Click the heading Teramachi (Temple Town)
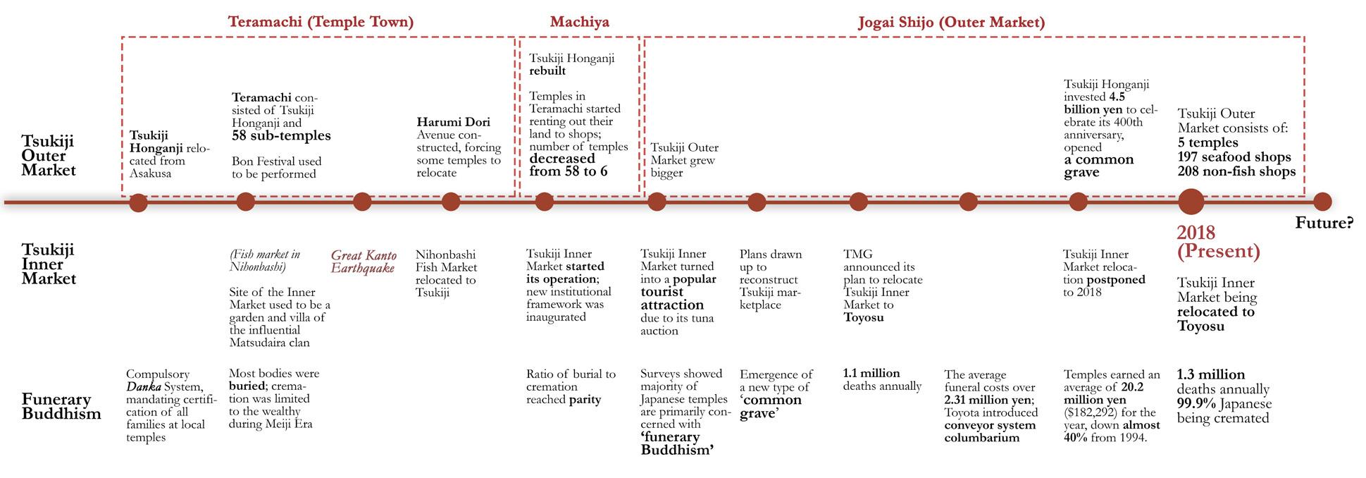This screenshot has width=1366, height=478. tap(321, 22)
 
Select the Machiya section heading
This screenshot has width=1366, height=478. tap(579, 22)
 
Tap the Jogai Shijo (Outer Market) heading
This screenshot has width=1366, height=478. tap(951, 22)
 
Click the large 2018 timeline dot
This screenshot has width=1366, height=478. tap(1191, 202)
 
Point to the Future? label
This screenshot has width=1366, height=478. tap(1324, 223)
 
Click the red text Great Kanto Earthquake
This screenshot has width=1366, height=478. tap(364, 262)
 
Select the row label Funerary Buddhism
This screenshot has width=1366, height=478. tap(61, 406)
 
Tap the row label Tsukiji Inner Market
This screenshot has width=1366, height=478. tap(48, 264)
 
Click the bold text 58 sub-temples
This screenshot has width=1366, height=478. tap(281, 135)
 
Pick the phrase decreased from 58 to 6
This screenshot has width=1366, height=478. tap(568, 165)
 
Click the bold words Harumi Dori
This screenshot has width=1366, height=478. tap(453, 122)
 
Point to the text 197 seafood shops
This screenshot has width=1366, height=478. tap(1234, 157)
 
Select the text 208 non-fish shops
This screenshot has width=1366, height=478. tap(1236, 171)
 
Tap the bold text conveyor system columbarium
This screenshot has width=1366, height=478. tap(989, 431)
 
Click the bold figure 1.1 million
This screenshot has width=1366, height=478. tap(871, 373)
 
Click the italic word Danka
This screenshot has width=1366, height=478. tap(141, 386)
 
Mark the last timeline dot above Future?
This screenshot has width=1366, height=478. tap(1322, 202)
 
